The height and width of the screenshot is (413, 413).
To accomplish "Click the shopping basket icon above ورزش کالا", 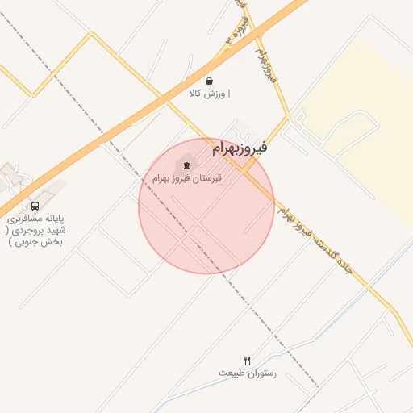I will coord(210,81).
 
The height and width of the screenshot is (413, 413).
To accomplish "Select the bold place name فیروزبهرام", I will coord(239,148).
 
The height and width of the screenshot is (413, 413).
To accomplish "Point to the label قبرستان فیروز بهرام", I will coord(197,177).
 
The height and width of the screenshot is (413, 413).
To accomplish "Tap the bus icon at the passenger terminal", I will coord(34,206).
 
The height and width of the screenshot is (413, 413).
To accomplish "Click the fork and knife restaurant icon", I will coord(247,361).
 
